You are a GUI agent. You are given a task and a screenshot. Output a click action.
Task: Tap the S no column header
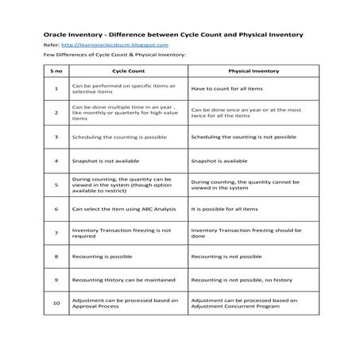click(x=56, y=71)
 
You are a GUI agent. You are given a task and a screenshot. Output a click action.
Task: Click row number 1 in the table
click(x=56, y=88)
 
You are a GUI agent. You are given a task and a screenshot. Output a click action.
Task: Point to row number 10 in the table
click(x=56, y=303)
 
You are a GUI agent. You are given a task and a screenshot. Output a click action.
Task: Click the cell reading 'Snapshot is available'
click(x=216, y=161)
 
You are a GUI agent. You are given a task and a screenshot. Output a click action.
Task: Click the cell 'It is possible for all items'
click(x=225, y=209)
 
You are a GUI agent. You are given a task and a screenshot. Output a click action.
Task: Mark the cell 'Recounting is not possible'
click(x=226, y=257)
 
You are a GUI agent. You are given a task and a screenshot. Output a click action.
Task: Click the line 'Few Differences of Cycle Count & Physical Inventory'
click(x=103, y=56)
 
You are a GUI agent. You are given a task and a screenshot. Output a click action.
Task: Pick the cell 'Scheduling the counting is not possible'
click(x=245, y=137)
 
